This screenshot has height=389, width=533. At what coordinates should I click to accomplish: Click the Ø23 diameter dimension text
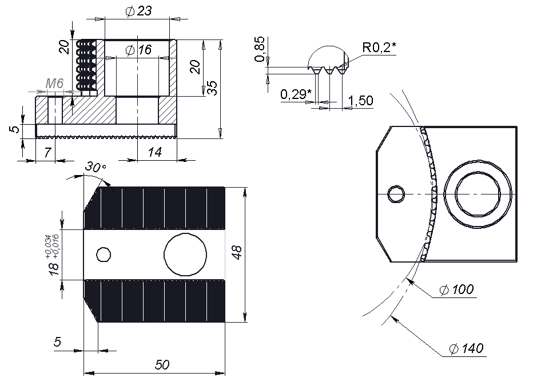point(137,11)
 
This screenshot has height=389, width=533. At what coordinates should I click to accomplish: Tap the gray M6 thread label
point(54,84)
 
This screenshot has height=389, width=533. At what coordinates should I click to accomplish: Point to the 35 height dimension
point(212,88)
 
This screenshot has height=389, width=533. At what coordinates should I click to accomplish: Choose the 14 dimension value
point(154,152)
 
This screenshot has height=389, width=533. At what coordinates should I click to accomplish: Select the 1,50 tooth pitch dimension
point(360,101)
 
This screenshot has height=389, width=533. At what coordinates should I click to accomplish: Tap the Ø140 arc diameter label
point(466,348)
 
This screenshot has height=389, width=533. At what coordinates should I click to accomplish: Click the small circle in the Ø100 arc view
point(395,194)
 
